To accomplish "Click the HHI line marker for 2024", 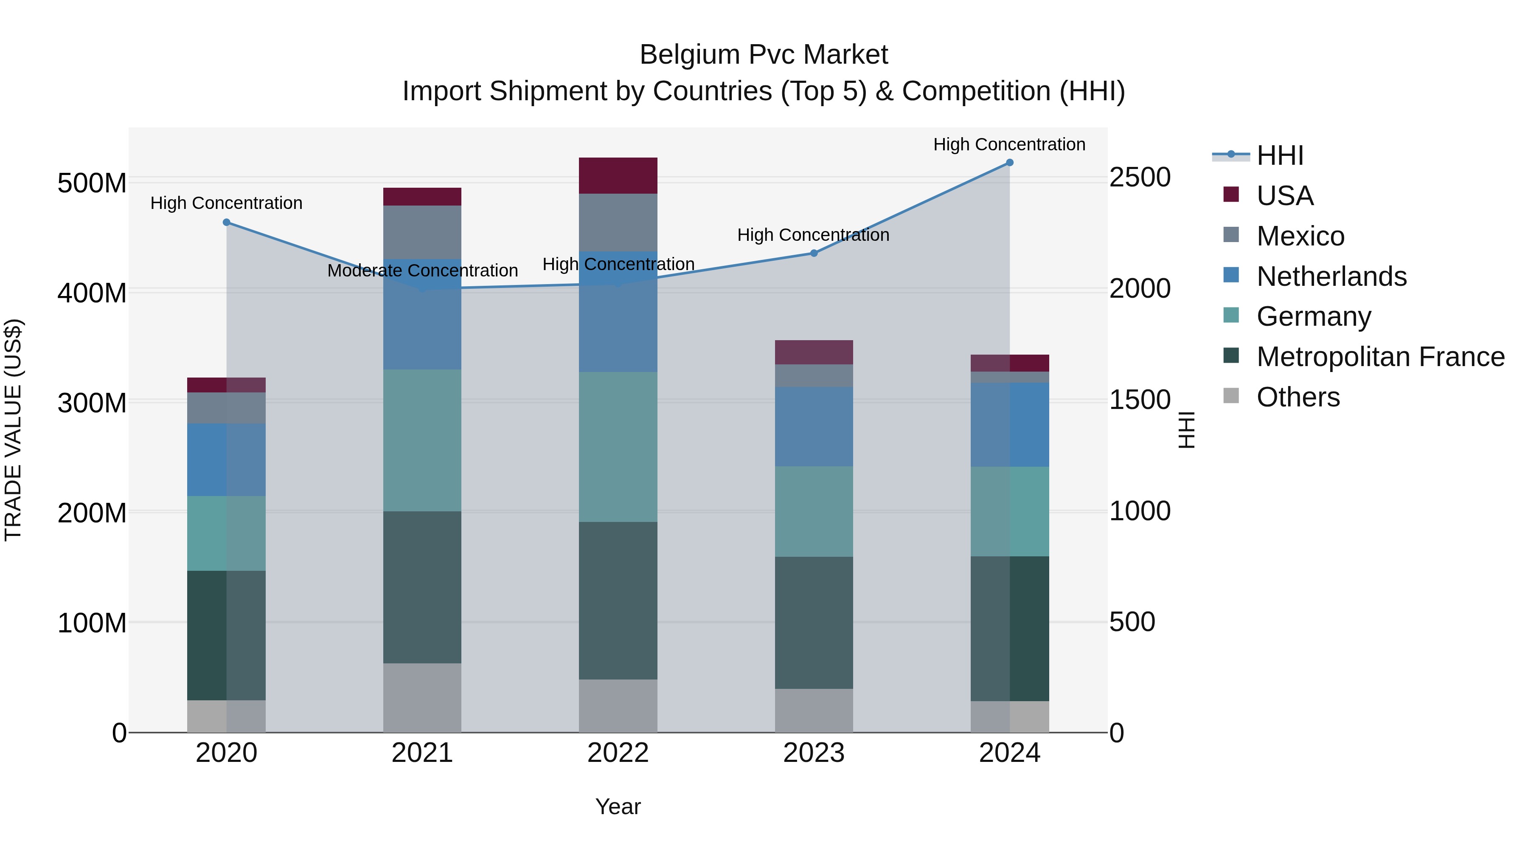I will tap(1010, 163).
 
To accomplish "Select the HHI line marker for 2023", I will tap(814, 254).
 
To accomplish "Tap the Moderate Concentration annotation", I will tap(422, 271).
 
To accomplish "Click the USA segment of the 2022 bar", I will tap(618, 176).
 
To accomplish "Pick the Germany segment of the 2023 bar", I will tap(814, 512).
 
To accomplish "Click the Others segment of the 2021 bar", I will tap(422, 698).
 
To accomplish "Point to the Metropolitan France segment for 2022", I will tap(618, 601).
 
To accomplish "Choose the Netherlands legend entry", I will tap(1331, 276).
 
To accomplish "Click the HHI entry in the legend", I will tap(1279, 155).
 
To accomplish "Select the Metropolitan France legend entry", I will tap(1380, 357).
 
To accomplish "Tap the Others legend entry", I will tap(1298, 397).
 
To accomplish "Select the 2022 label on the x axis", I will tap(618, 753).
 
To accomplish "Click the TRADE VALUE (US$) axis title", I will tap(13, 430).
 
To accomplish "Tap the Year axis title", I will tap(618, 806).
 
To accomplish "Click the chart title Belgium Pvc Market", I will tap(764, 55).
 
